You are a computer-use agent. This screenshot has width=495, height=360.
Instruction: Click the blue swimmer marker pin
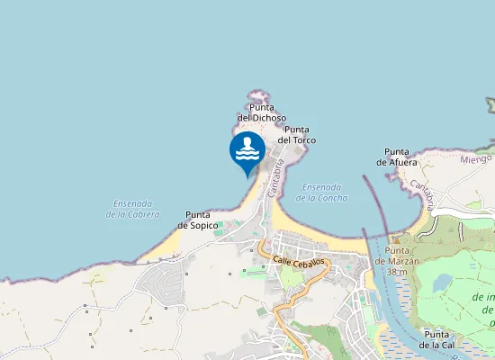point(247,150)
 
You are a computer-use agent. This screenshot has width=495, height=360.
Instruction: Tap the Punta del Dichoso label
point(262,112)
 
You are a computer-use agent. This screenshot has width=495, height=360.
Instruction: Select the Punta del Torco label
point(297,135)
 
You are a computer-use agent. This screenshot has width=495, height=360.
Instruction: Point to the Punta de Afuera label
point(397,157)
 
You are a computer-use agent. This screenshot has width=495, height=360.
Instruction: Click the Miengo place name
point(476,158)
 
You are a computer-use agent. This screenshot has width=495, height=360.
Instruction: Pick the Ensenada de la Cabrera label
point(132,209)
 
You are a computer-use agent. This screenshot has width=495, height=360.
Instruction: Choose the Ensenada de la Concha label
point(327,192)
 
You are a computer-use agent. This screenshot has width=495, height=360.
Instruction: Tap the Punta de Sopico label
point(197,220)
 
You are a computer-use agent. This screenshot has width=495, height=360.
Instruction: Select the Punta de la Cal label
point(441,339)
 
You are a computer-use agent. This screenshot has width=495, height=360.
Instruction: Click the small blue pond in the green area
point(442,283)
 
